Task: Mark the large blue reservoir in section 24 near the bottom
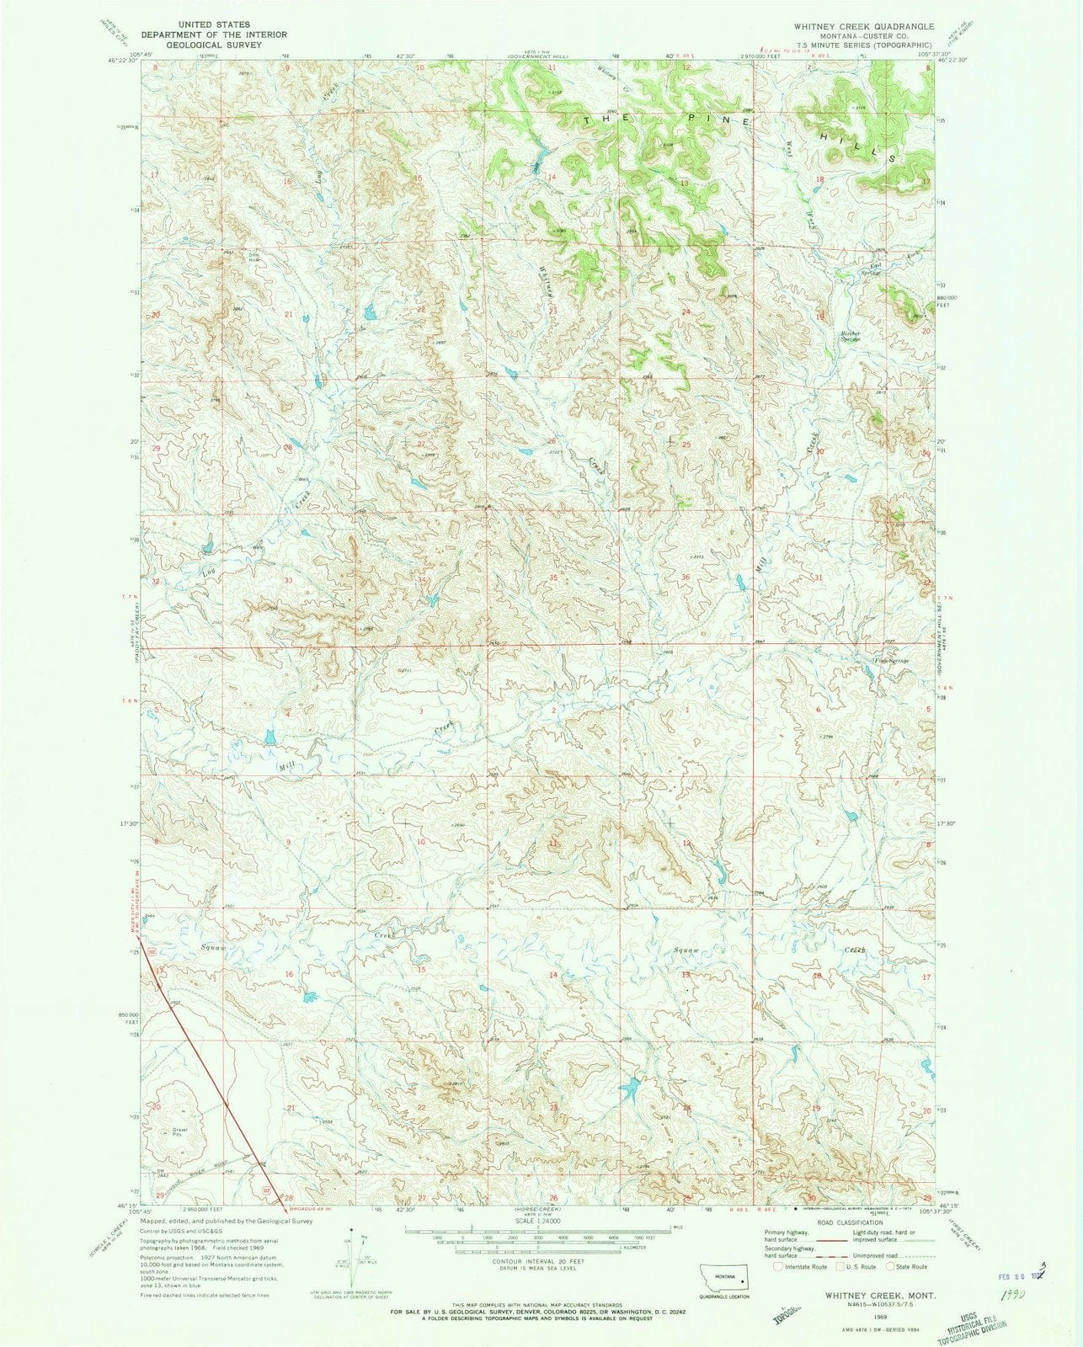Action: [630, 1089]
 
